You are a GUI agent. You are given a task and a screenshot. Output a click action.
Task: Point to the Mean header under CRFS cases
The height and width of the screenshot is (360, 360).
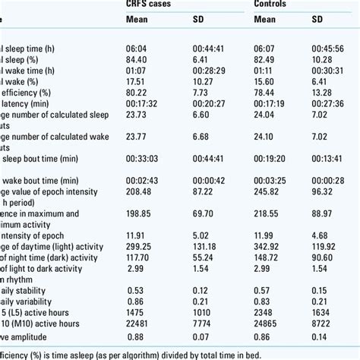[137, 21]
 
